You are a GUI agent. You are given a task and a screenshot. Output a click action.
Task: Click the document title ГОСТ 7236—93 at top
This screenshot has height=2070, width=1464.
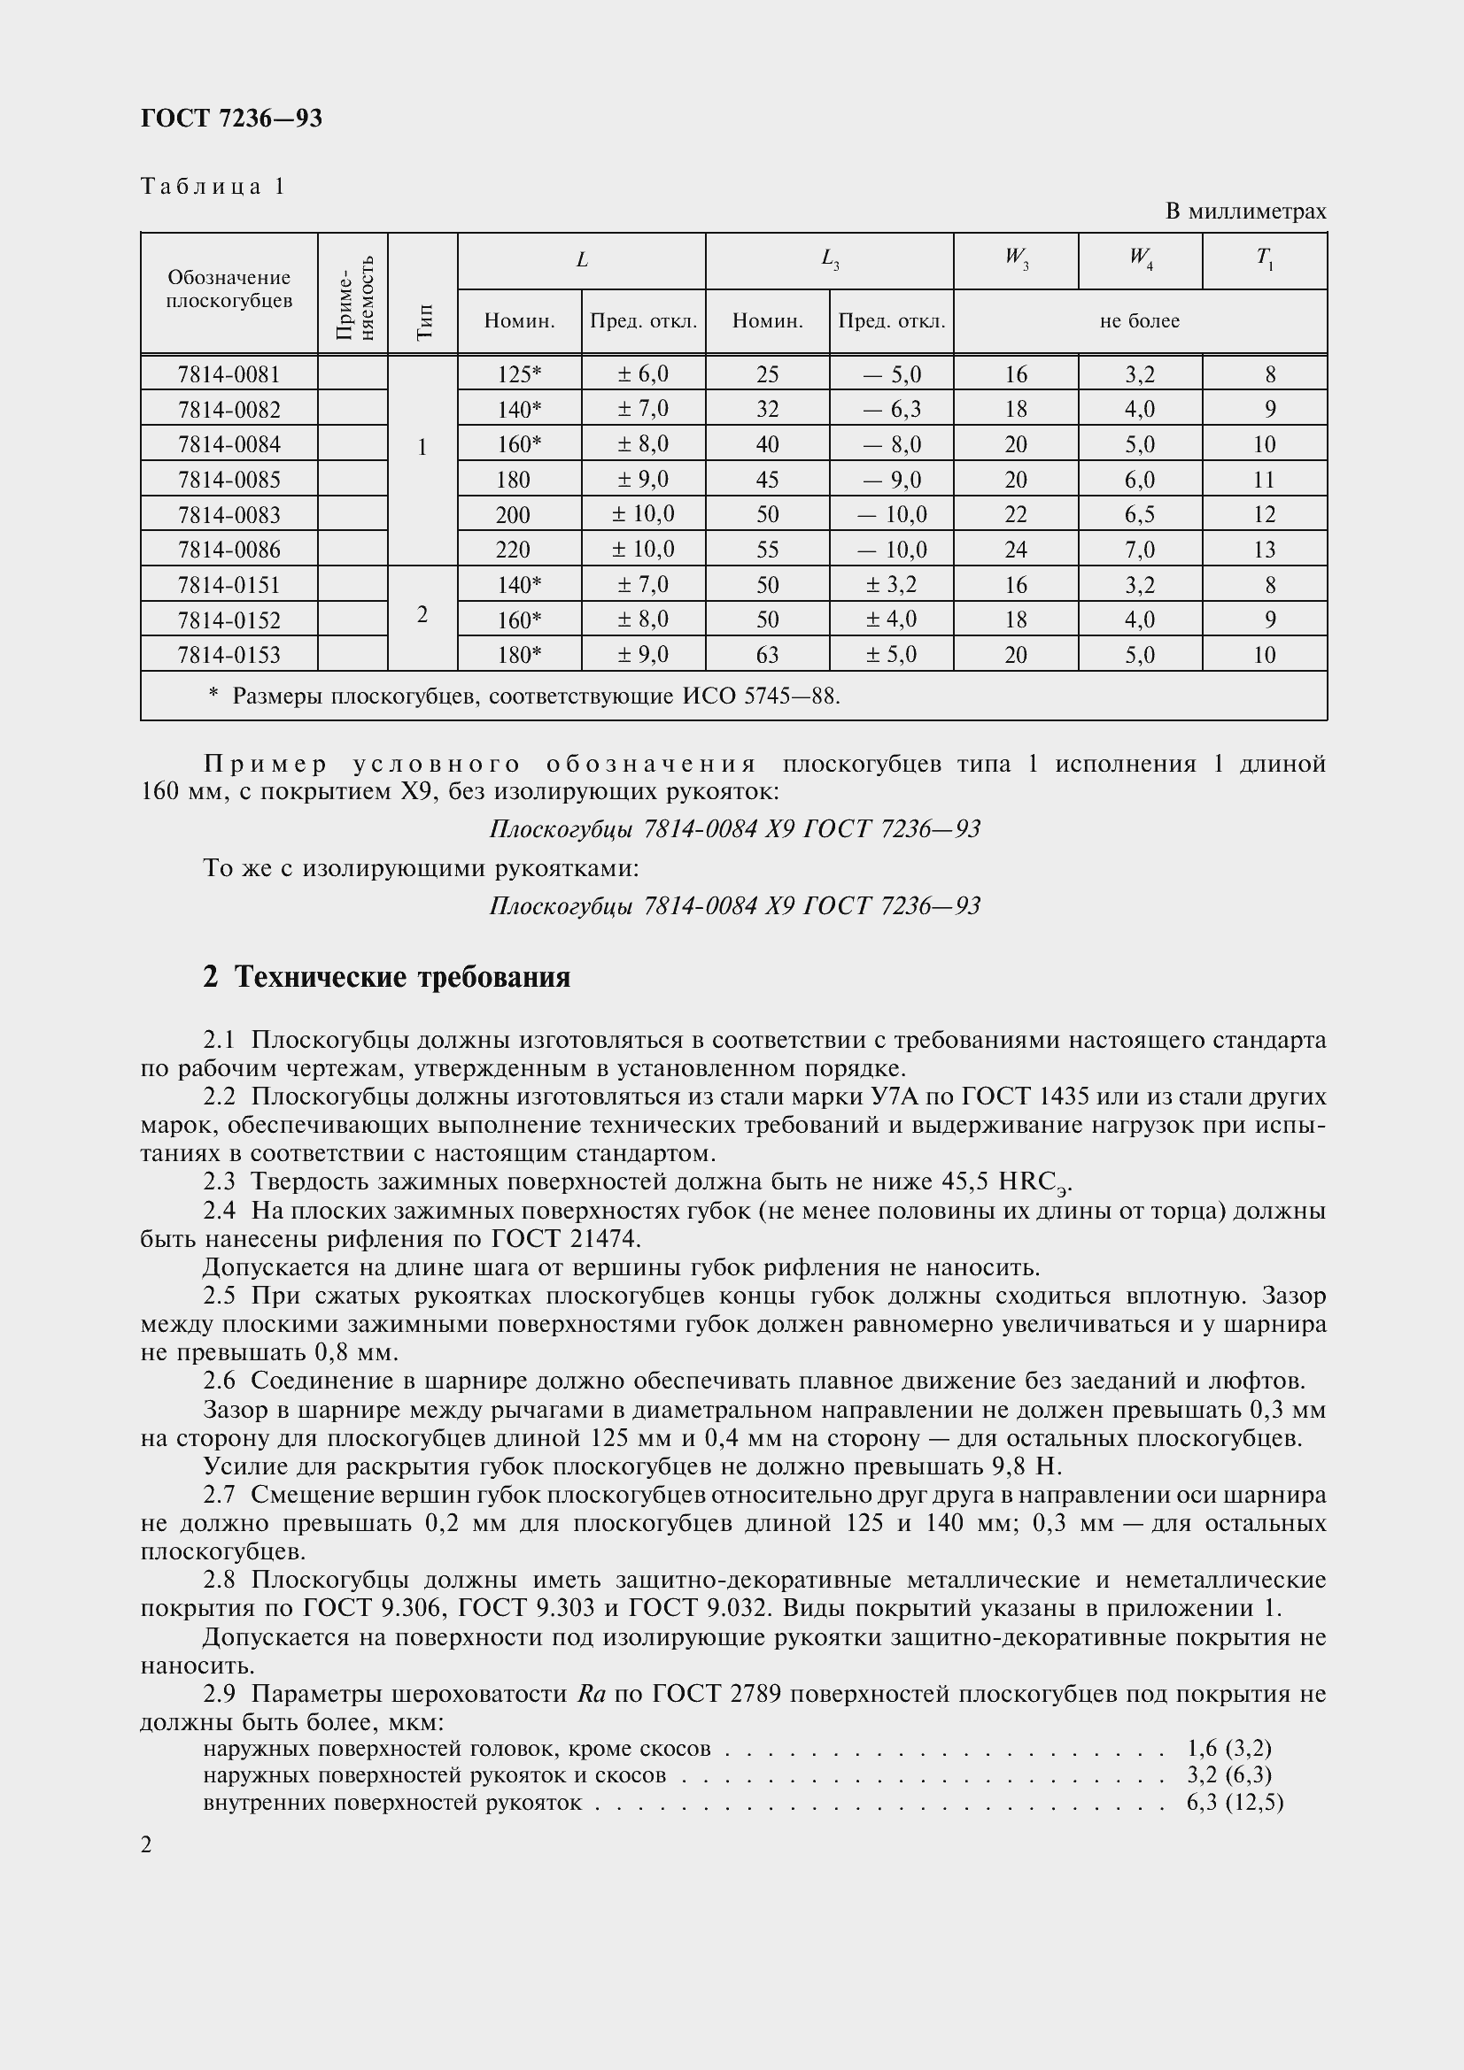point(231,118)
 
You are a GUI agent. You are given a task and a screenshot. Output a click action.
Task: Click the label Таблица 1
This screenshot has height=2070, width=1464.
point(213,187)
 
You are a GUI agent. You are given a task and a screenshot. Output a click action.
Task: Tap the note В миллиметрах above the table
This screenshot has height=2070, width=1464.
point(1245,212)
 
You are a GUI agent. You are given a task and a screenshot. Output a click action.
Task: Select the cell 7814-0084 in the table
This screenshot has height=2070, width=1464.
point(229,444)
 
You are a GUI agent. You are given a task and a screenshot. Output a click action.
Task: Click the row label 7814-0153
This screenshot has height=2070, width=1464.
point(229,656)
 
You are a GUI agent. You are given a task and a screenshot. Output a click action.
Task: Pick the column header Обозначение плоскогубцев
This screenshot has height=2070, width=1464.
point(229,289)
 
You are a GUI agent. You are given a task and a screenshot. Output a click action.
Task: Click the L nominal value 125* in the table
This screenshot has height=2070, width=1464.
point(519,374)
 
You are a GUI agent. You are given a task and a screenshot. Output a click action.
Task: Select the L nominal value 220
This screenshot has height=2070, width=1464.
point(514,550)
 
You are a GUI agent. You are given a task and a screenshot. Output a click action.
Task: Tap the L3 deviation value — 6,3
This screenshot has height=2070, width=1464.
point(891,410)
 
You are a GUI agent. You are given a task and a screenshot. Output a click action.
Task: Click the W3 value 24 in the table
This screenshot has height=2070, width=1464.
point(1016,550)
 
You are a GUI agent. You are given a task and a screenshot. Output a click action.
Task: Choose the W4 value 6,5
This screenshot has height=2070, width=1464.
point(1139,515)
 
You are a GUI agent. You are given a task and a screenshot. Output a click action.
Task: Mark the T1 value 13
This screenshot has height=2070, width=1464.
point(1265,550)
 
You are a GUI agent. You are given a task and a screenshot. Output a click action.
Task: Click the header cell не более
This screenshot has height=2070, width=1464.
point(1139,322)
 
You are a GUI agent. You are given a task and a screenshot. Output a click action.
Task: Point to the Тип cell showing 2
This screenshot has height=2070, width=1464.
point(422,615)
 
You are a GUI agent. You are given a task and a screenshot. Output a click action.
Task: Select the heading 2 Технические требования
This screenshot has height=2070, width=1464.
point(387,977)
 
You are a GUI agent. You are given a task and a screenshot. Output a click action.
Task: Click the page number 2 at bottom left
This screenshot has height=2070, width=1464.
point(147,1845)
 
